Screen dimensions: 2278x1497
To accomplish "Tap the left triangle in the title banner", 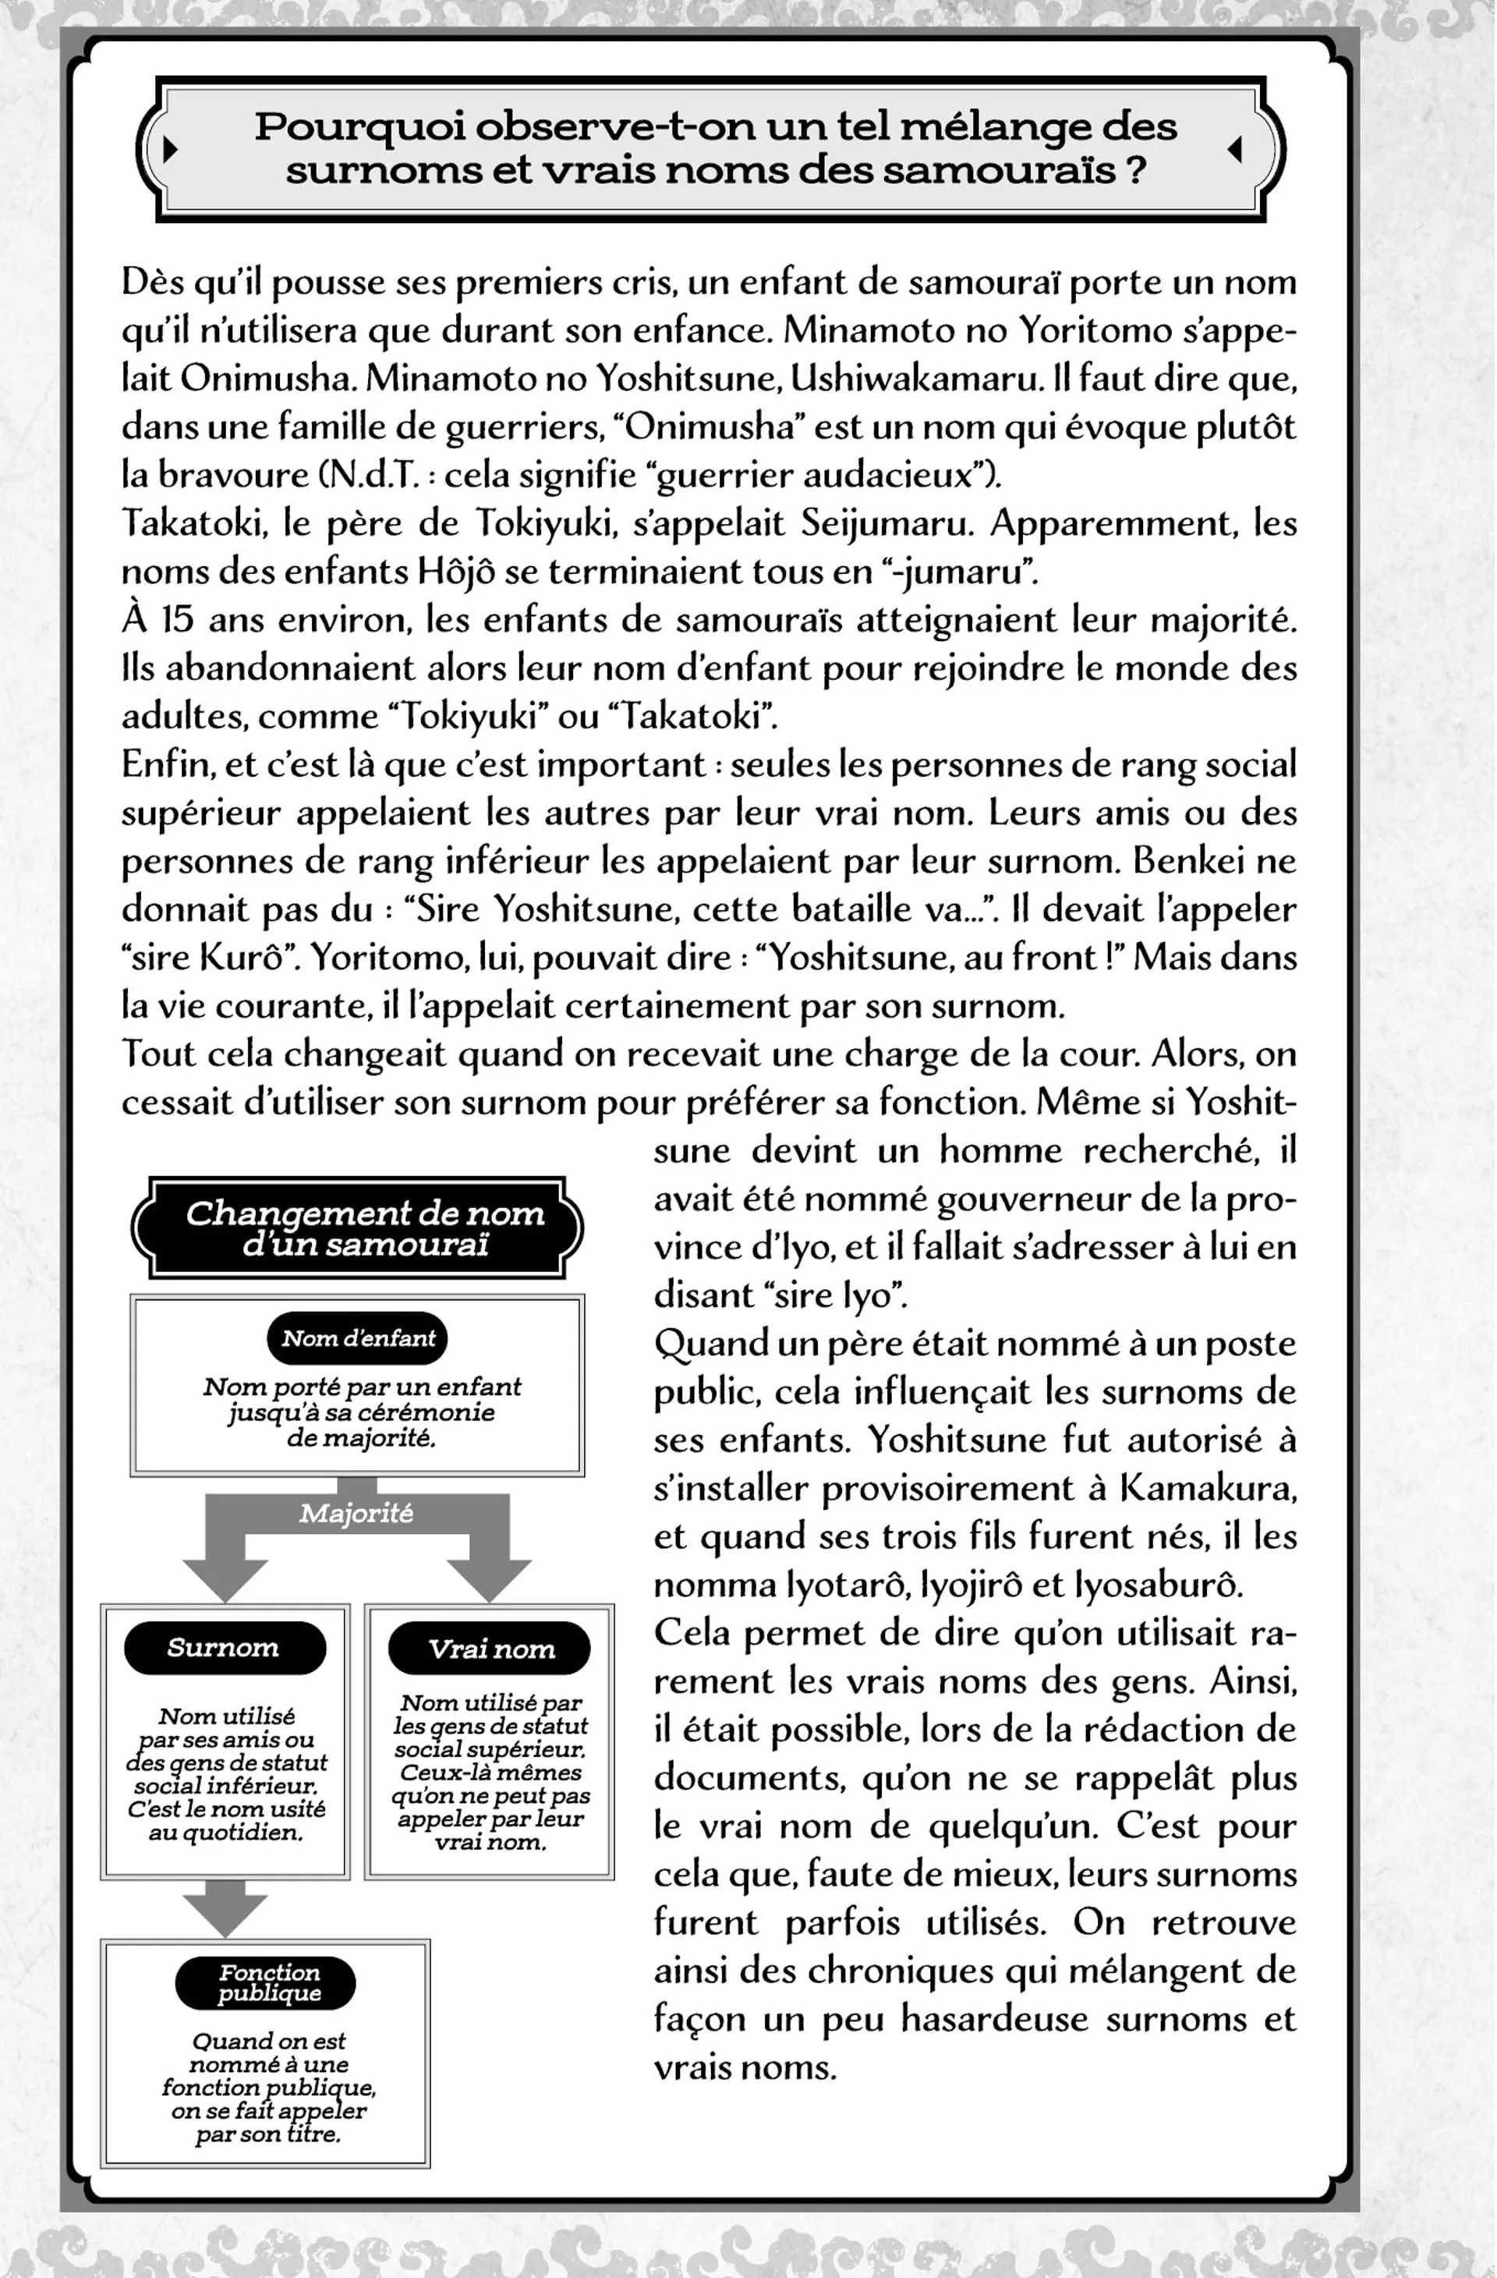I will click(171, 148).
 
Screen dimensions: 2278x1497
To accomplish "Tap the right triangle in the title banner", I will click(1235, 148).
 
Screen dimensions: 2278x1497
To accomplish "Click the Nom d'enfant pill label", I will click(358, 1338).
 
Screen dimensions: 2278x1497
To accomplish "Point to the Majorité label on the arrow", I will click(356, 1513).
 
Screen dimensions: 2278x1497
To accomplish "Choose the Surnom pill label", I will click(224, 1647).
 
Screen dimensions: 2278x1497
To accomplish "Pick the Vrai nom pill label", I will click(490, 1648).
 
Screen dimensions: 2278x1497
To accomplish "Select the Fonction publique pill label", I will click(267, 1982).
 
